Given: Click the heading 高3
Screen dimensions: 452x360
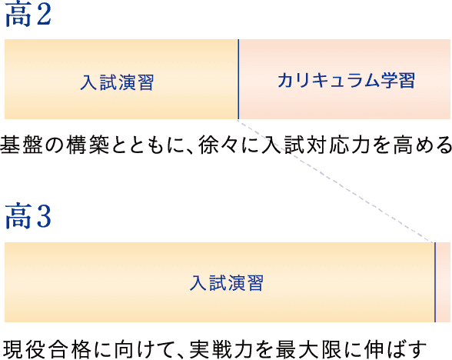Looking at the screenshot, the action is pyautogui.click(x=28, y=215).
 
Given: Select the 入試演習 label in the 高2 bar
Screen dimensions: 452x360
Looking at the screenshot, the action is pyautogui.click(x=117, y=82).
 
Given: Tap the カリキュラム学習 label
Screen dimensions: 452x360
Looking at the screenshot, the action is pyautogui.click(x=346, y=80).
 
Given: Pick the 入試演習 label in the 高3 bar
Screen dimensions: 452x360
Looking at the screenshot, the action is pyautogui.click(x=226, y=283).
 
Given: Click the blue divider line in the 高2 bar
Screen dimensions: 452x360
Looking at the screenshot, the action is pyautogui.click(x=238, y=79).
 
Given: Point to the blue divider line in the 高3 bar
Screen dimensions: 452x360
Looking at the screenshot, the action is pyautogui.click(x=435, y=282).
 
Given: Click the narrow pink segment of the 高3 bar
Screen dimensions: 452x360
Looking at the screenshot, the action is pyautogui.click(x=443, y=282).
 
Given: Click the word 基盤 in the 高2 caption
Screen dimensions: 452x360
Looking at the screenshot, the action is pyautogui.click(x=22, y=145).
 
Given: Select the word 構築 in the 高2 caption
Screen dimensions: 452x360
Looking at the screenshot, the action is pyautogui.click(x=88, y=145).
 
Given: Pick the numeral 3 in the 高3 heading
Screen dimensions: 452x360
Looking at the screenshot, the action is pyautogui.click(x=44, y=216).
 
